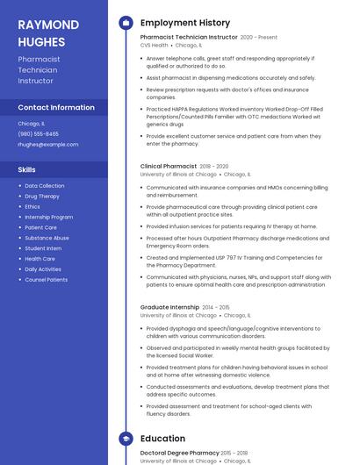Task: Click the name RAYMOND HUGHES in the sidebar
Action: pyautogui.click(x=48, y=32)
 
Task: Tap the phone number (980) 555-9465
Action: pyautogui.click(x=39, y=133)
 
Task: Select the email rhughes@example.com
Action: pyautogui.click(x=47, y=144)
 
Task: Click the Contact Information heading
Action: pyautogui.click(x=56, y=108)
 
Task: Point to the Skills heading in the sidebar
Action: pyautogui.click(x=27, y=169)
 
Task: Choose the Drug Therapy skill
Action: pyautogui.click(x=42, y=197)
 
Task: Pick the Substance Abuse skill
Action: pyautogui.click(x=47, y=238)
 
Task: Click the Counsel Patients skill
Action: pyautogui.click(x=46, y=280)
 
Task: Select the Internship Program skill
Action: pyautogui.click(x=49, y=217)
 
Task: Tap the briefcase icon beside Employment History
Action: pyautogui.click(x=126, y=23)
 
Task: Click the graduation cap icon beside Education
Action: pyautogui.click(x=126, y=439)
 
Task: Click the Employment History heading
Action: pyautogui.click(x=185, y=23)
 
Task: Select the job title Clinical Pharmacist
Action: pyautogui.click(x=168, y=166)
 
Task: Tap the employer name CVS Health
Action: pyautogui.click(x=154, y=45)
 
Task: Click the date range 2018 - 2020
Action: pyautogui.click(x=213, y=166)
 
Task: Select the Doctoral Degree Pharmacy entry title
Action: pyautogui.click(x=180, y=453)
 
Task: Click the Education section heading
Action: pyautogui.click(x=162, y=439)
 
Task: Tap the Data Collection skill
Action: pyautogui.click(x=44, y=186)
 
